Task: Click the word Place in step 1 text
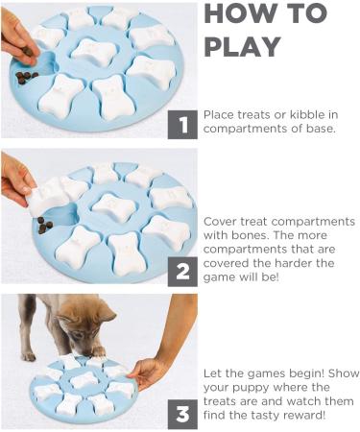[x=220, y=114]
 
